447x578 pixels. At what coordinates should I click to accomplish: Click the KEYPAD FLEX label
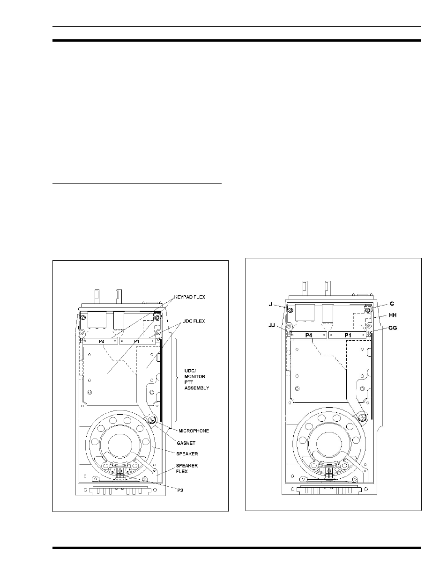coord(190,297)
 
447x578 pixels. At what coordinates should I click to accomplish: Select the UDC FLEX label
coord(194,321)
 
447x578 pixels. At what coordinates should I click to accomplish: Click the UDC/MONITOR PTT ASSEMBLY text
coord(197,379)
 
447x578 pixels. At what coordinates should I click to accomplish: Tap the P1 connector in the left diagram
coord(137,341)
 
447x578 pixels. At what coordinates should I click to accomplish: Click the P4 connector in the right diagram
coord(308,335)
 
